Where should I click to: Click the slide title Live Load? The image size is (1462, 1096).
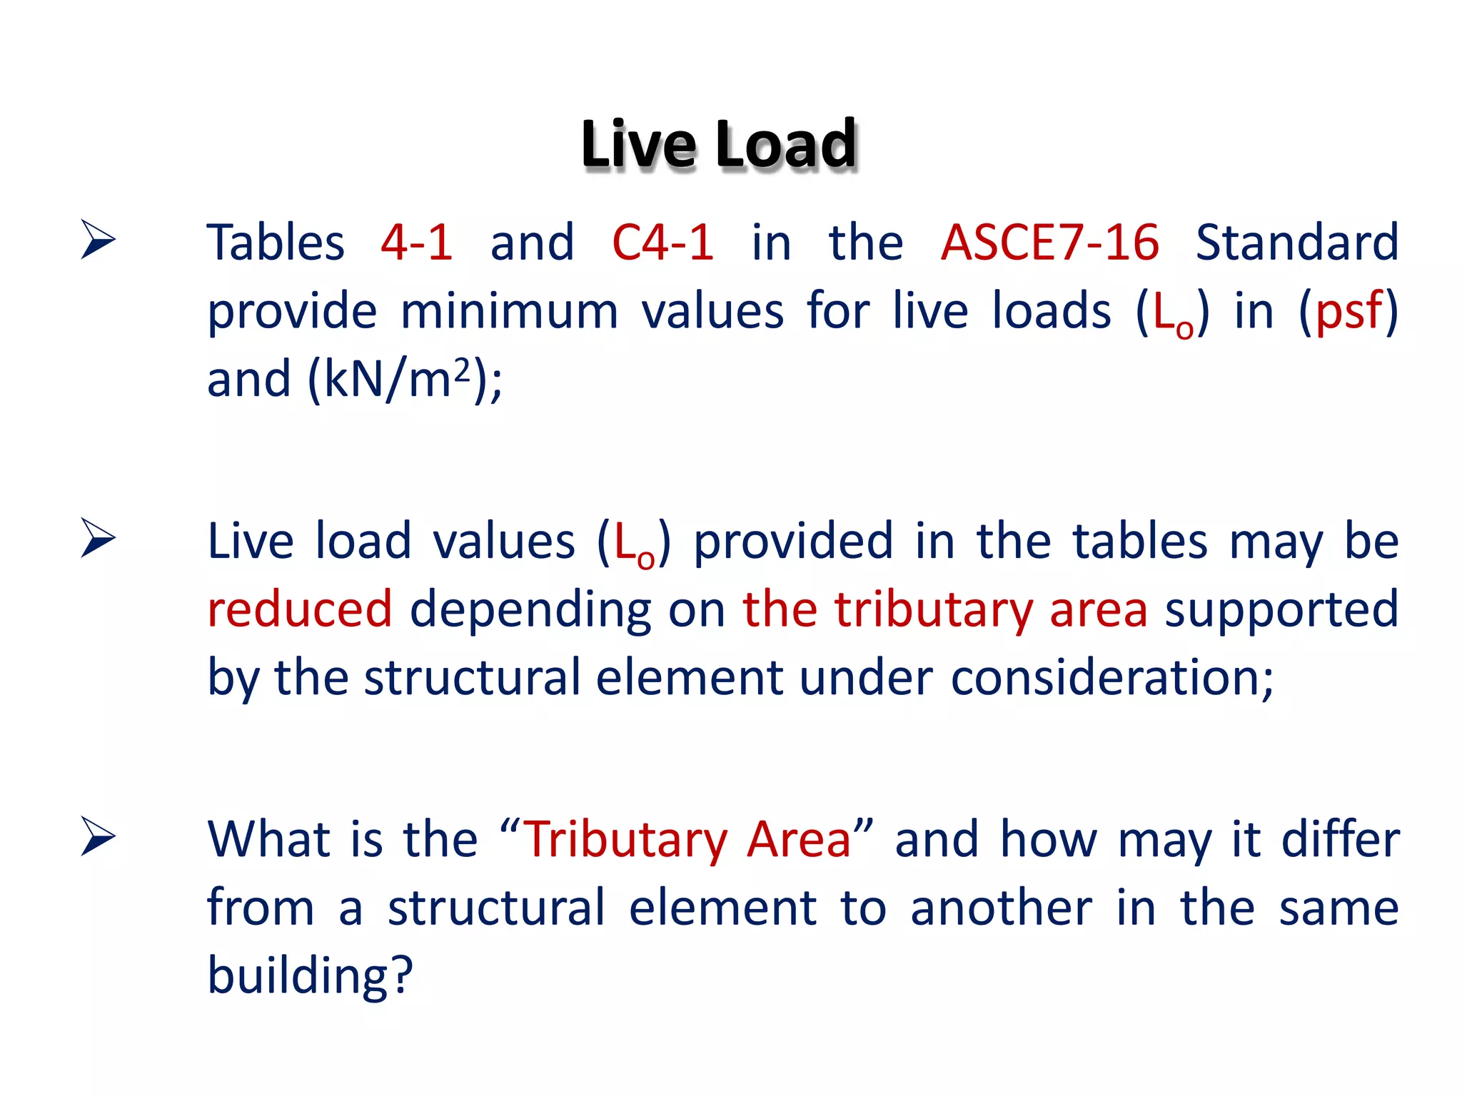click(719, 145)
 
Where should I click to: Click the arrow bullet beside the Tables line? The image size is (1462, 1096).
click(98, 240)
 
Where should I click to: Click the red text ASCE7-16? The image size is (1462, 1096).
click(1049, 243)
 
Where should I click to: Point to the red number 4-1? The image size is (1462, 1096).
click(417, 243)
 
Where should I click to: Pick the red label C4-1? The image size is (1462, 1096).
click(663, 243)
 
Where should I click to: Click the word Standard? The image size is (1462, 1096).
click(1296, 243)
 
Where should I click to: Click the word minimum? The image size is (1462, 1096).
click(509, 311)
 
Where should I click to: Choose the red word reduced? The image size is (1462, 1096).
click(300, 610)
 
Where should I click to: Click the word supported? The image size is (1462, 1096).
click(1281, 610)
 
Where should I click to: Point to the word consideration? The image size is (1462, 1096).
click(1111, 677)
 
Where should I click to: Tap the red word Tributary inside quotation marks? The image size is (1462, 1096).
click(625, 839)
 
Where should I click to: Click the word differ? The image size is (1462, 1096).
click(1340, 839)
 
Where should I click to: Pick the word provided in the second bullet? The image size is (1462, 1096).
click(793, 541)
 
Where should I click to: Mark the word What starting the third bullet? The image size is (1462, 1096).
click(271, 839)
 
